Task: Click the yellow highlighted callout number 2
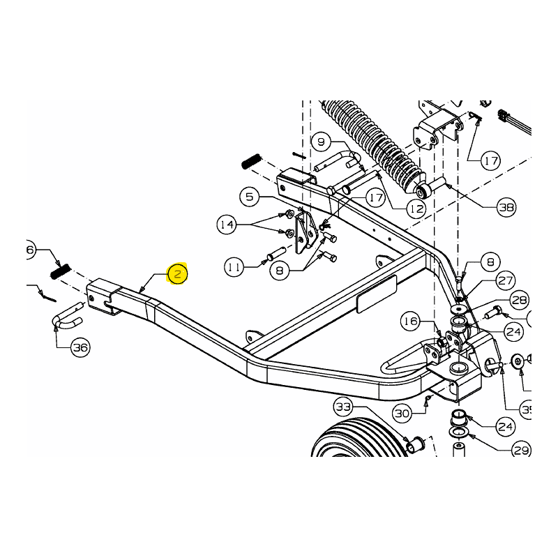(x=177, y=274)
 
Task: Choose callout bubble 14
(x=227, y=225)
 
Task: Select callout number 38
(x=506, y=207)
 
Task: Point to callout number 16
(x=411, y=321)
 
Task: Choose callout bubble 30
(x=402, y=414)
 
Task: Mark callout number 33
(x=345, y=407)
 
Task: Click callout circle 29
(x=522, y=450)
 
